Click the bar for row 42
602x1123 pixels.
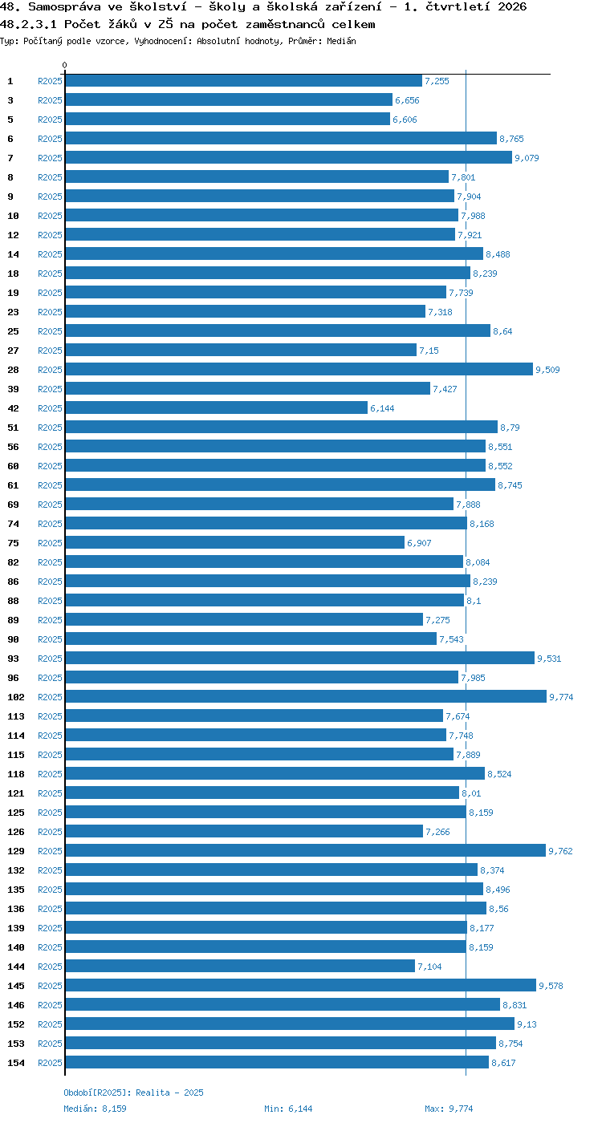(x=216, y=407)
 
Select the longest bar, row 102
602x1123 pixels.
(x=306, y=696)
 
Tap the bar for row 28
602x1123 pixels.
(x=299, y=369)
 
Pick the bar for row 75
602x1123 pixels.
(x=234, y=542)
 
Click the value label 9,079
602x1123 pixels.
(x=527, y=158)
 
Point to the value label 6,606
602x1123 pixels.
(x=405, y=120)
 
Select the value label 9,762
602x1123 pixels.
(x=560, y=851)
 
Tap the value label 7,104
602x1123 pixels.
(x=430, y=966)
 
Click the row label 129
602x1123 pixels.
(x=16, y=851)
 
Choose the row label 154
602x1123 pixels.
(x=16, y=1062)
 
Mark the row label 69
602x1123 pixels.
(x=13, y=505)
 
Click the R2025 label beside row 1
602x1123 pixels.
(x=50, y=81)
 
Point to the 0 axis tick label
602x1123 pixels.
(x=65, y=65)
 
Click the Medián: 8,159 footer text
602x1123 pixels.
(x=95, y=1109)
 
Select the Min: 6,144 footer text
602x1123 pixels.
(x=288, y=1109)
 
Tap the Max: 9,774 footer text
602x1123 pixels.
(x=449, y=1109)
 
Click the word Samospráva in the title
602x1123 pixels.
(x=64, y=7)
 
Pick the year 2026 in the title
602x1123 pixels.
(x=512, y=7)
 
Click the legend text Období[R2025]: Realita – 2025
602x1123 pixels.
(x=133, y=1093)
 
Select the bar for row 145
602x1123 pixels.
(x=301, y=985)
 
